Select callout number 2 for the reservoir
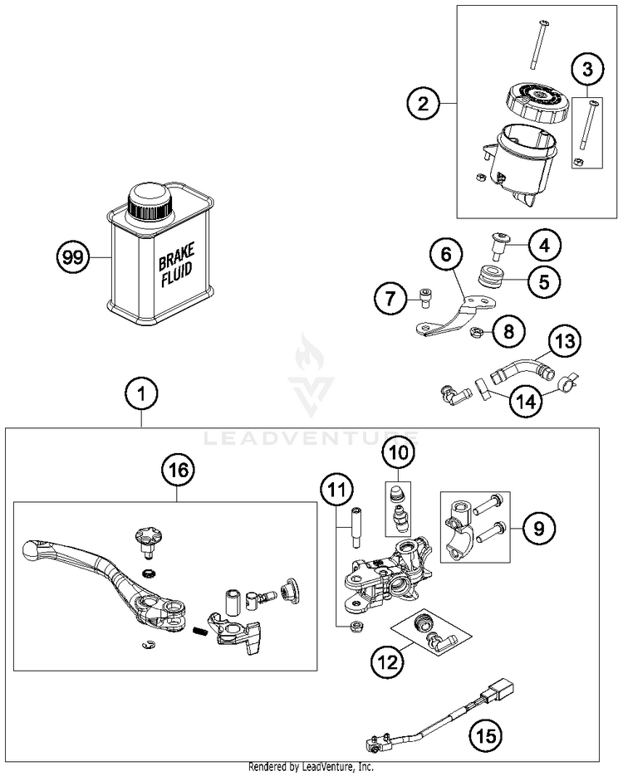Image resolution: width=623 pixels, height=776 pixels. pos(424,104)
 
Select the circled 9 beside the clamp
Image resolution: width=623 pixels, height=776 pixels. pos(539,527)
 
